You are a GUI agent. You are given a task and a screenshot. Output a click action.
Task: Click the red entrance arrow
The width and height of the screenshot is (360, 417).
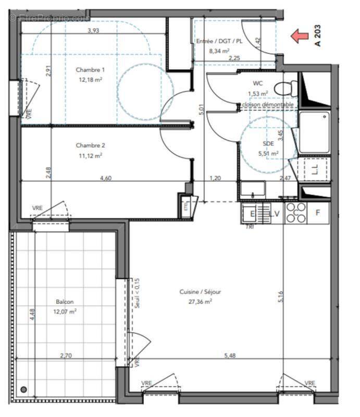(299, 36)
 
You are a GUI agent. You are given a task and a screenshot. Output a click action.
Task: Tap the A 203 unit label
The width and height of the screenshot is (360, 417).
(317, 36)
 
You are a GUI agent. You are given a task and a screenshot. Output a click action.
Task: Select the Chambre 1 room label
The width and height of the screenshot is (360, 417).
(91, 70)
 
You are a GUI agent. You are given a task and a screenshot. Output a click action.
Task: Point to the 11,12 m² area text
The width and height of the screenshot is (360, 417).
(90, 155)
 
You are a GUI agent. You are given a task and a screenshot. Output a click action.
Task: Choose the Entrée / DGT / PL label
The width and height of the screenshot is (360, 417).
(219, 42)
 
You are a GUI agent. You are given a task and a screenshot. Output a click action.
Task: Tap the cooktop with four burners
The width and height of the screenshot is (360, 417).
(296, 213)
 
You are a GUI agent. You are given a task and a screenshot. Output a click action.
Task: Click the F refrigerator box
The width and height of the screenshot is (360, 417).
(318, 213)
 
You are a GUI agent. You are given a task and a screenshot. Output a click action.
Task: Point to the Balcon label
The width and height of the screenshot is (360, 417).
(65, 302)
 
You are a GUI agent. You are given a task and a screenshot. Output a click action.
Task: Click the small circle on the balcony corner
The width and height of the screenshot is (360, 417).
(23, 389)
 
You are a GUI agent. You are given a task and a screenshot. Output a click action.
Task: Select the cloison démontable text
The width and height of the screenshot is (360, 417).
(268, 104)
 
